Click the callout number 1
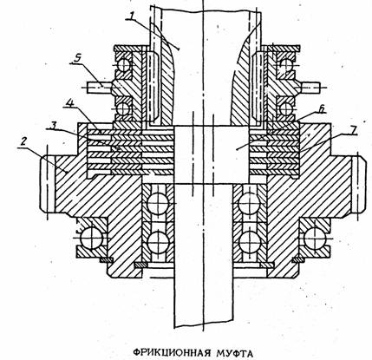click(x=131, y=15)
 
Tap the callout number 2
click(x=23, y=141)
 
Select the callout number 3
click(x=52, y=125)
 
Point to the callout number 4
click(x=68, y=103)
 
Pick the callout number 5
click(x=76, y=57)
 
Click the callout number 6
click(x=322, y=108)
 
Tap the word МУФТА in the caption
click(x=234, y=353)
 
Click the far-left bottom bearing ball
click(x=92, y=239)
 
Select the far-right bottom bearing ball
click(x=315, y=239)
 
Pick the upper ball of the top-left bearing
click(x=123, y=65)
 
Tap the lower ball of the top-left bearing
click(x=123, y=108)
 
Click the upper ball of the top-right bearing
click(x=285, y=65)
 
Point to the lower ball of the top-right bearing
click(x=285, y=108)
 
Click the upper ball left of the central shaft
click(x=158, y=203)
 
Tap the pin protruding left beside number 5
click(x=100, y=87)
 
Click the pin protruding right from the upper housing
click(x=310, y=87)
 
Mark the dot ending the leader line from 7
click(x=237, y=149)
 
